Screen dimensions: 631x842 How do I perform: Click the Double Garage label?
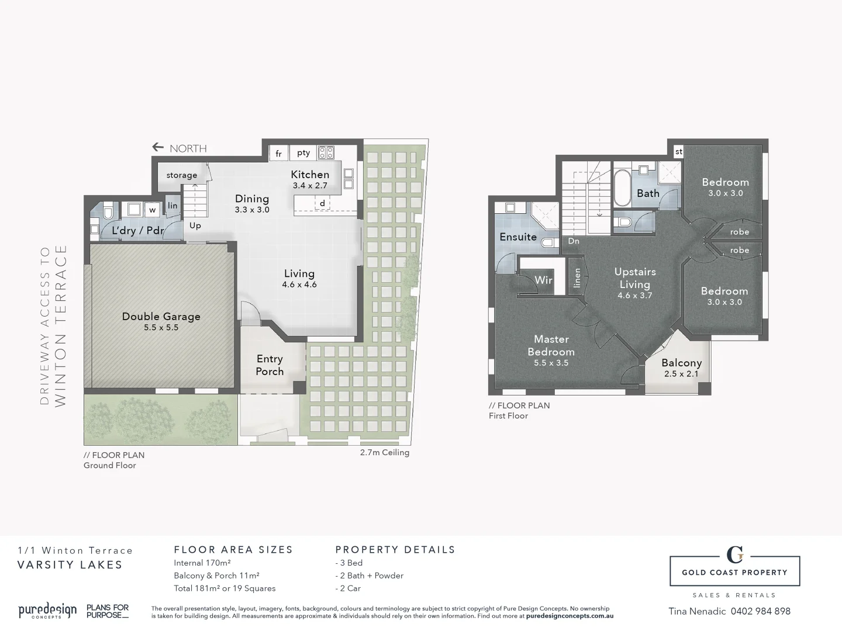click(161, 317)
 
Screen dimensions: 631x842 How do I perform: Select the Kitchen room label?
click(310, 175)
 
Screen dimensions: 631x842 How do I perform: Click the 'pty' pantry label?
click(303, 153)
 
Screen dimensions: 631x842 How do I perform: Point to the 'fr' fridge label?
click(279, 154)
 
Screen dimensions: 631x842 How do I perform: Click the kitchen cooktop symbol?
click(326, 153)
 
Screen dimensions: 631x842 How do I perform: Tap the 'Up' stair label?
click(195, 226)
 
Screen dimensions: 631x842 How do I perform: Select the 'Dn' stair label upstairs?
click(574, 241)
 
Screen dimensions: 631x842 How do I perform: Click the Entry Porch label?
click(270, 365)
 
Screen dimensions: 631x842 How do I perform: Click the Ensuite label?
click(518, 237)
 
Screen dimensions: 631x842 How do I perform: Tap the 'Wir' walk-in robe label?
click(543, 280)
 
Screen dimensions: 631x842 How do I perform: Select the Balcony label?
click(681, 363)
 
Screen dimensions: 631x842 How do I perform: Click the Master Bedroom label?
click(551, 345)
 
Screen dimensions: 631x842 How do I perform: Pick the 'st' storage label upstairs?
click(678, 152)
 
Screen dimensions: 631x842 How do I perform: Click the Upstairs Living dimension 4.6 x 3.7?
click(634, 296)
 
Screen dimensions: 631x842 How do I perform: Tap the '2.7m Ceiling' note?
click(384, 452)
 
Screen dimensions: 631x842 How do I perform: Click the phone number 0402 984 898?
click(760, 611)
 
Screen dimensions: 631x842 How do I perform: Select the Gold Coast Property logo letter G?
click(734, 554)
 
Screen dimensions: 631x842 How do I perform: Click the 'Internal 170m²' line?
click(202, 563)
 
